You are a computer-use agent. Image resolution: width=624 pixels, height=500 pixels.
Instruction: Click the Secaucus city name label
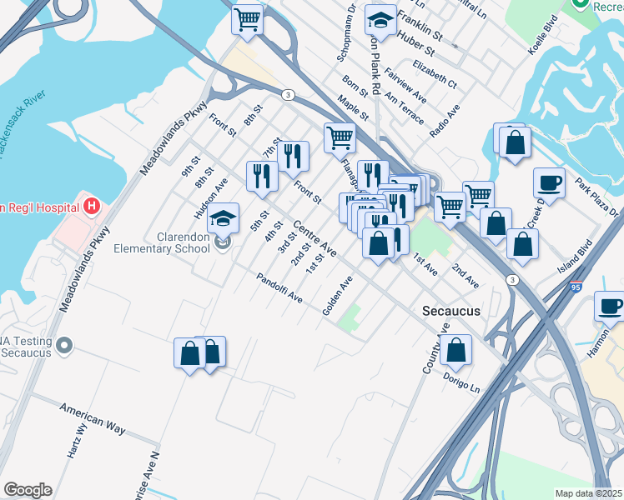pos(450,311)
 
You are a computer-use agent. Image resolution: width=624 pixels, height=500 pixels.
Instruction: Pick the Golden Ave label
pos(338,297)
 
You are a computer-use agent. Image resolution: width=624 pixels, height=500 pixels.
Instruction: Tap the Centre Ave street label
pos(315,238)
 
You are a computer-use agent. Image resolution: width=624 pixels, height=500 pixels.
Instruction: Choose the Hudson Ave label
pos(210,197)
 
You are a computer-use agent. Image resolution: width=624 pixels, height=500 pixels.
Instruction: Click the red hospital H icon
pos(92,205)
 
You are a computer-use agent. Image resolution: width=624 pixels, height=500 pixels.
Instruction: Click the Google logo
pos(28,490)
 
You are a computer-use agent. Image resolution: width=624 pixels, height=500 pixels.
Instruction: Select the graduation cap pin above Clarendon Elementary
pos(223,218)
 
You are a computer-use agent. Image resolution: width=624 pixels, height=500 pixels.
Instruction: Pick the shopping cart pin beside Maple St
pos(340,137)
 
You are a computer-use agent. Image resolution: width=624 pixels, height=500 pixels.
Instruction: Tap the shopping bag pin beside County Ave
pos(456,350)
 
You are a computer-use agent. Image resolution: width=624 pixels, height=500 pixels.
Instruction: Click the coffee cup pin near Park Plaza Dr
pos(550,181)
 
